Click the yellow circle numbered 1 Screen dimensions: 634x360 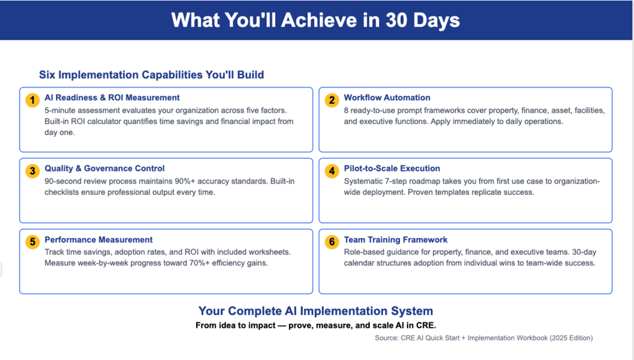(x=32, y=100)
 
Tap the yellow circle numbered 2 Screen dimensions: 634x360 (x=332, y=100)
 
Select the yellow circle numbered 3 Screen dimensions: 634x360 (x=32, y=171)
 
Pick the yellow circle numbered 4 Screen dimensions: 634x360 (x=332, y=171)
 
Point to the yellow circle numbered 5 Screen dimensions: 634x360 (x=32, y=242)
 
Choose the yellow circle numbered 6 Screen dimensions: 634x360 (x=332, y=242)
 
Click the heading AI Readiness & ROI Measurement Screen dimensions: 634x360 (x=112, y=98)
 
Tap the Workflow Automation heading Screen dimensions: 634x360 (x=387, y=98)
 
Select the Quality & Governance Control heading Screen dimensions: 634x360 (x=104, y=168)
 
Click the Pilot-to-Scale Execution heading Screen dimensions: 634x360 (x=392, y=168)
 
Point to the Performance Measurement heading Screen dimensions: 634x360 (x=98, y=240)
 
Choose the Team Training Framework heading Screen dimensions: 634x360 (x=396, y=240)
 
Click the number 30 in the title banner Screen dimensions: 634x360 (x=396, y=20)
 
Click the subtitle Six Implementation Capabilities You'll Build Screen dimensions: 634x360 (x=151, y=75)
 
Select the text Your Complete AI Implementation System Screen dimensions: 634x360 (x=315, y=311)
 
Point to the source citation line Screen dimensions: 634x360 (x=484, y=338)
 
